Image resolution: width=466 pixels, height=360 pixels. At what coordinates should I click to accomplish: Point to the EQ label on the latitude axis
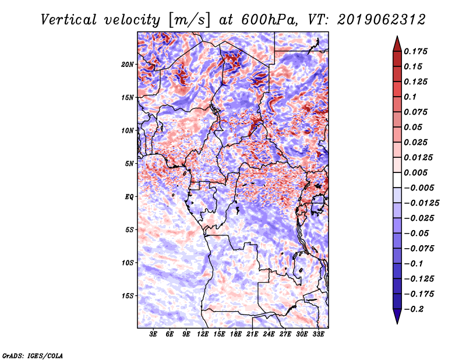coord(130,197)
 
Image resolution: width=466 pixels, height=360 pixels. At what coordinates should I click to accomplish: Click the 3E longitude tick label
coord(154,335)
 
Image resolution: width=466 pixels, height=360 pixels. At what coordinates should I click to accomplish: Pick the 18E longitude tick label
coord(236,335)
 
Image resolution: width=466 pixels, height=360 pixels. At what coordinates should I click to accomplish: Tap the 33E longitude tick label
coord(318,335)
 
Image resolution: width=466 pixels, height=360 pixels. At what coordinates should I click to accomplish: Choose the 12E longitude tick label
coord(203,335)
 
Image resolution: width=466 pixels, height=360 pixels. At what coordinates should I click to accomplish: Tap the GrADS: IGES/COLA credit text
coord(33,355)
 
